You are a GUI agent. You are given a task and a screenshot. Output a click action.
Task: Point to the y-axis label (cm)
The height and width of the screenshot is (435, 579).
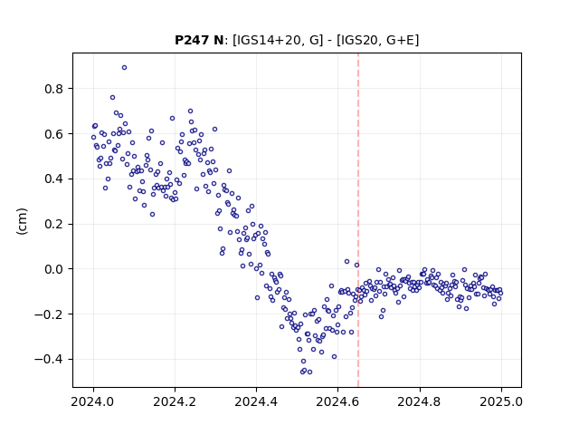pyautogui.click(x=22, y=221)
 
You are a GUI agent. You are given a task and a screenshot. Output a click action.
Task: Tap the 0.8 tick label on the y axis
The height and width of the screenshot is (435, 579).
pyautogui.click(x=53, y=89)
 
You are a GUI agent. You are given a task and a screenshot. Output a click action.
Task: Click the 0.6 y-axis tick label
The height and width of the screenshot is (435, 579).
pyautogui.click(x=53, y=134)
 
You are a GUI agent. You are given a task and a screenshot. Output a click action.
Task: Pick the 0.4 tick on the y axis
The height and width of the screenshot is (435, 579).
pyautogui.click(x=53, y=179)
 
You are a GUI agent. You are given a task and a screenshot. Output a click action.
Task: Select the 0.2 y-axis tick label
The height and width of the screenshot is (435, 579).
pyautogui.click(x=53, y=224)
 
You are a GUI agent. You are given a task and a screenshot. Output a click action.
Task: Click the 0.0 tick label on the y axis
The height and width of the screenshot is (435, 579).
pyautogui.click(x=53, y=269)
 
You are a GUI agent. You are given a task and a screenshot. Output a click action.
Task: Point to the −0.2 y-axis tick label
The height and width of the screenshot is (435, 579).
pyautogui.click(x=49, y=314)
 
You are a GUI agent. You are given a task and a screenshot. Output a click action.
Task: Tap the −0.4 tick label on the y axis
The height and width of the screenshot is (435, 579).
pyautogui.click(x=49, y=360)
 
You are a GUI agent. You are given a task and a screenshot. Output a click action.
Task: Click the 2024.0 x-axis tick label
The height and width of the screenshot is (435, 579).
pyautogui.click(x=93, y=401)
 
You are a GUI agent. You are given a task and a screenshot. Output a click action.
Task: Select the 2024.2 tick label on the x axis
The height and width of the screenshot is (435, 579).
pyautogui.click(x=175, y=401)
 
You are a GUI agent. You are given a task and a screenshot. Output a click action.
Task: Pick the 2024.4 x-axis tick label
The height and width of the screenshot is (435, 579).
pyautogui.click(x=256, y=401)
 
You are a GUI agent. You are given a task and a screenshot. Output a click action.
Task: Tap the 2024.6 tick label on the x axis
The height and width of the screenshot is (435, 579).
pyautogui.click(x=337, y=401)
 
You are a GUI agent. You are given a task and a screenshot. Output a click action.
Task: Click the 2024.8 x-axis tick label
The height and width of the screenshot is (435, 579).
pyautogui.click(x=419, y=401)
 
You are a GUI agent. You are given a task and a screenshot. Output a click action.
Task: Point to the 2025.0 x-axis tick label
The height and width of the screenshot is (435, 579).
pyautogui.click(x=501, y=401)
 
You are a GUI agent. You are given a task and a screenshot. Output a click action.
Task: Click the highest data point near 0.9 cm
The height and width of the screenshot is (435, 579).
pyautogui.click(x=125, y=68)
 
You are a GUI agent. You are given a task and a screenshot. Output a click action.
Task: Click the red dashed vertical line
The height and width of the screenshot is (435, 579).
pyautogui.click(x=358, y=220)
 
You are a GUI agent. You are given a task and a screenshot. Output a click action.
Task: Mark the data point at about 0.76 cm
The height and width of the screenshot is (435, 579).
pyautogui.click(x=112, y=98)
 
